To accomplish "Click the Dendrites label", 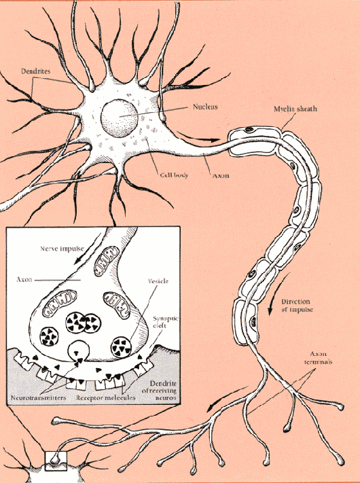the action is tap(36, 71).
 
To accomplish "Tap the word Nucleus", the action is tap(205, 107).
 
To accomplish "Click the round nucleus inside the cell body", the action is tap(119, 118).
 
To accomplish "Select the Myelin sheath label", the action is tap(295, 109).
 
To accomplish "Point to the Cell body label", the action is tap(174, 175).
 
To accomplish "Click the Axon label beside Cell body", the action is tap(221, 175).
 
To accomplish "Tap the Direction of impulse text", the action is tap(297, 306).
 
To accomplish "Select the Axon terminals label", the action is tap(319, 357).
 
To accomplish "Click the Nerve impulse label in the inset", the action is tap(62, 249).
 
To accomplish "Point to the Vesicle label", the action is tap(158, 281).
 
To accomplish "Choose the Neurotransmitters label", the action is tap(38, 397).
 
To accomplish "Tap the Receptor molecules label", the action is tap(106, 397).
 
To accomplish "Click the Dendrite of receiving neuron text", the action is tap(159, 391).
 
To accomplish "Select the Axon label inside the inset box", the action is tap(24, 280).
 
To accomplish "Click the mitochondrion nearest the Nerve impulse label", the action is tap(106, 261).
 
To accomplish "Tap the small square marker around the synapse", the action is tap(56, 461).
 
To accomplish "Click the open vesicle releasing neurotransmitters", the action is tap(78, 351).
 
